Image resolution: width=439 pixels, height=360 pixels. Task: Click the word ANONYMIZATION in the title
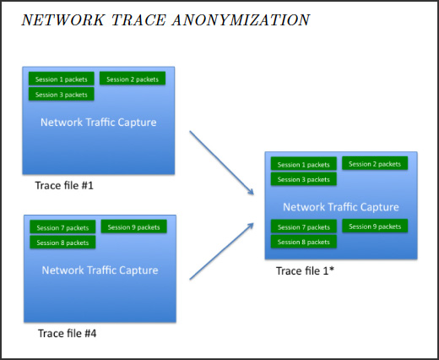(x=241, y=20)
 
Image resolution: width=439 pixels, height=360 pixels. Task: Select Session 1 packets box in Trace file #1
(x=62, y=79)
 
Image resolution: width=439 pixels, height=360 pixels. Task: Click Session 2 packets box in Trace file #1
(x=133, y=79)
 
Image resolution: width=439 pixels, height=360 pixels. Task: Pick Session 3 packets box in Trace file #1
(x=62, y=94)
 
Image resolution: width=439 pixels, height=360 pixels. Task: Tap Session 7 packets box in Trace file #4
(x=62, y=227)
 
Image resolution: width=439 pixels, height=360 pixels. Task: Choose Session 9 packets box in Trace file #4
(x=133, y=226)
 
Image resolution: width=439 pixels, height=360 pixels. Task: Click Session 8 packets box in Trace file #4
(x=62, y=243)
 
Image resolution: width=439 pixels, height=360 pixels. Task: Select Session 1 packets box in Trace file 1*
(x=304, y=164)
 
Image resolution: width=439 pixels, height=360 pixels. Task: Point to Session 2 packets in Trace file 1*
(x=375, y=163)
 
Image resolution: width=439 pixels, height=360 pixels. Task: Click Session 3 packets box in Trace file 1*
(x=304, y=179)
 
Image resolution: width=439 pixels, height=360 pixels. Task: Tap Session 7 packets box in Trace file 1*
(x=304, y=226)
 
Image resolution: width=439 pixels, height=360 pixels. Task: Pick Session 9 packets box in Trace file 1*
(x=375, y=226)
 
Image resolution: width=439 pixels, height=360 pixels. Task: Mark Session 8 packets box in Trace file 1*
(x=304, y=242)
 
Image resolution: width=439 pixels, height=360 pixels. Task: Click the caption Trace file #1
(x=64, y=185)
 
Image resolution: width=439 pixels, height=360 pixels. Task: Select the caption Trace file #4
(x=68, y=333)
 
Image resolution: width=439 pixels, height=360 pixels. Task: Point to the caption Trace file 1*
(x=305, y=270)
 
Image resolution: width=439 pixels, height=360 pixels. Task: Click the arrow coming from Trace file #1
(x=222, y=163)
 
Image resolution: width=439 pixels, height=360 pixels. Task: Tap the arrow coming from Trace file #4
(x=222, y=251)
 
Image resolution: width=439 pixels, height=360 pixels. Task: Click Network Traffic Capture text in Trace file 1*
(x=341, y=207)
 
